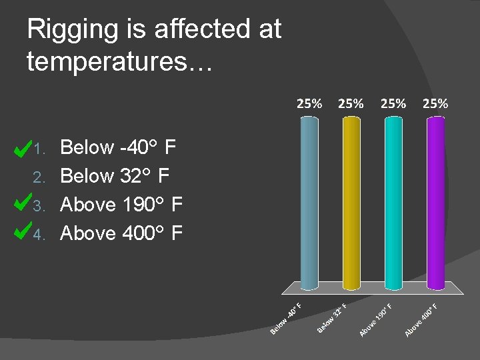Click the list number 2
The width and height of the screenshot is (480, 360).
(x=39, y=177)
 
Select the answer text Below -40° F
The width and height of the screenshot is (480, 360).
(x=118, y=147)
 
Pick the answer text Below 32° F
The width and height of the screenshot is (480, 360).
(x=115, y=176)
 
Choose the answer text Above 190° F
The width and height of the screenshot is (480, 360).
(x=121, y=205)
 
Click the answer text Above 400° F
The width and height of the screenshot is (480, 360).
(x=121, y=233)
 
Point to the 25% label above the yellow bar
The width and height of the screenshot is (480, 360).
(x=351, y=103)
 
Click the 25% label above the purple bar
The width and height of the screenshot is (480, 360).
(x=435, y=103)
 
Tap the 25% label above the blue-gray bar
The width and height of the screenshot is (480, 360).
(x=309, y=103)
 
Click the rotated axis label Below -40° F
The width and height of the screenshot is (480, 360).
(x=287, y=319)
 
